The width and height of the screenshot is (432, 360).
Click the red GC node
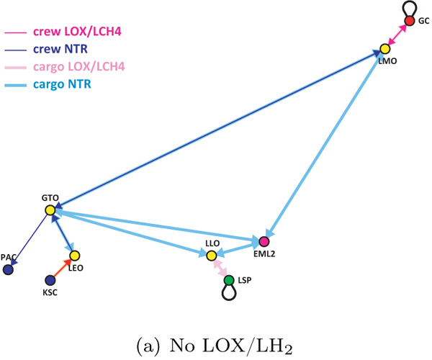[x=410, y=21]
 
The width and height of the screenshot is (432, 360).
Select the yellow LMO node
[x=385, y=49]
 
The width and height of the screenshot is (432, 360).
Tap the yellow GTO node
[x=50, y=210]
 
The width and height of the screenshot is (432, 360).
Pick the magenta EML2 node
[x=264, y=242]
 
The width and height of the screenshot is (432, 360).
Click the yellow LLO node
[x=212, y=256]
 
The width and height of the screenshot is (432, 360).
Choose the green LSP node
[x=229, y=280]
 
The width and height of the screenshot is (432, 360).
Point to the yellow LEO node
[x=74, y=256]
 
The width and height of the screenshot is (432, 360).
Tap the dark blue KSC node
[x=50, y=280]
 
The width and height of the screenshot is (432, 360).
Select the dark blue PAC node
[x=8, y=270]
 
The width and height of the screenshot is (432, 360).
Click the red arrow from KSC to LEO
[x=62, y=268]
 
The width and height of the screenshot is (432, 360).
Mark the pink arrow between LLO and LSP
[x=220, y=268]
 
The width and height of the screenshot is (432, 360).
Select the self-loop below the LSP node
[x=229, y=300]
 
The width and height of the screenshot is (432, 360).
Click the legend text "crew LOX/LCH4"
[x=77, y=32]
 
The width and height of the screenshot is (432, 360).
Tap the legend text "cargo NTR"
[x=62, y=84]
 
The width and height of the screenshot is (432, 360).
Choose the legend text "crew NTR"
[x=60, y=49]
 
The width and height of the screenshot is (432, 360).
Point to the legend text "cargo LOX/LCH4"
[x=79, y=67]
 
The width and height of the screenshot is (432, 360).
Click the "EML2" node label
[x=264, y=253]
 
